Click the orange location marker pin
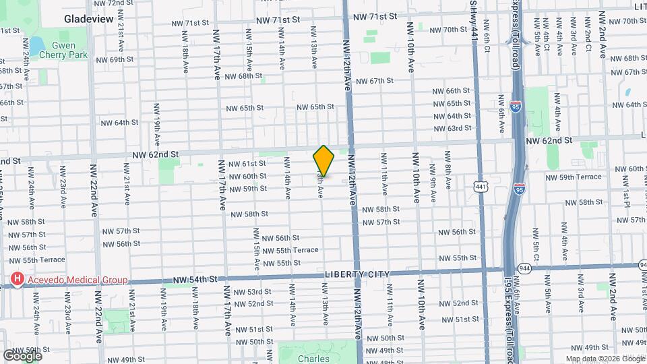click(x=324, y=160)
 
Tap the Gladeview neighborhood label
click(x=89, y=19)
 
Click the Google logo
click(x=22, y=355)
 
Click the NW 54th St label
click(x=196, y=278)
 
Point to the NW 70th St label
click(x=449, y=30)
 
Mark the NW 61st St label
click(x=247, y=164)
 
